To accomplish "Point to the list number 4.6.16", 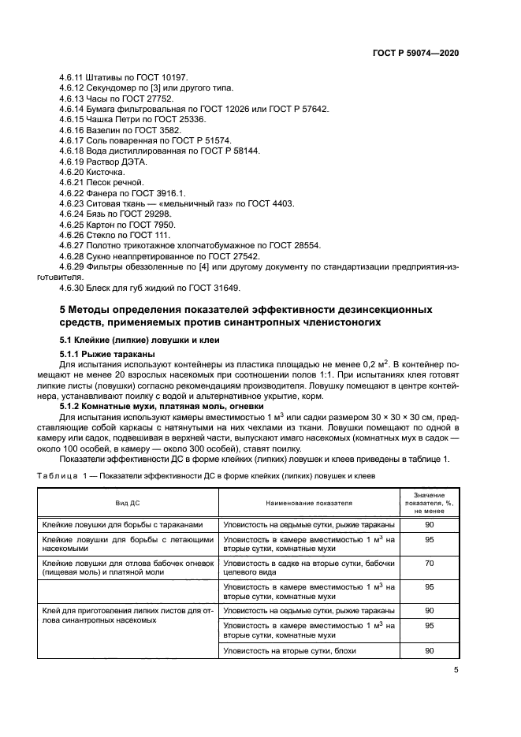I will [x=75, y=129].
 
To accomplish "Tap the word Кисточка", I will [x=114, y=170].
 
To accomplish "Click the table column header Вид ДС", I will [x=128, y=501].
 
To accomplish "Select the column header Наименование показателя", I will [x=309, y=501].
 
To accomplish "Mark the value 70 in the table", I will [x=430, y=564].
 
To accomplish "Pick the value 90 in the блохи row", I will [x=430, y=651].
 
